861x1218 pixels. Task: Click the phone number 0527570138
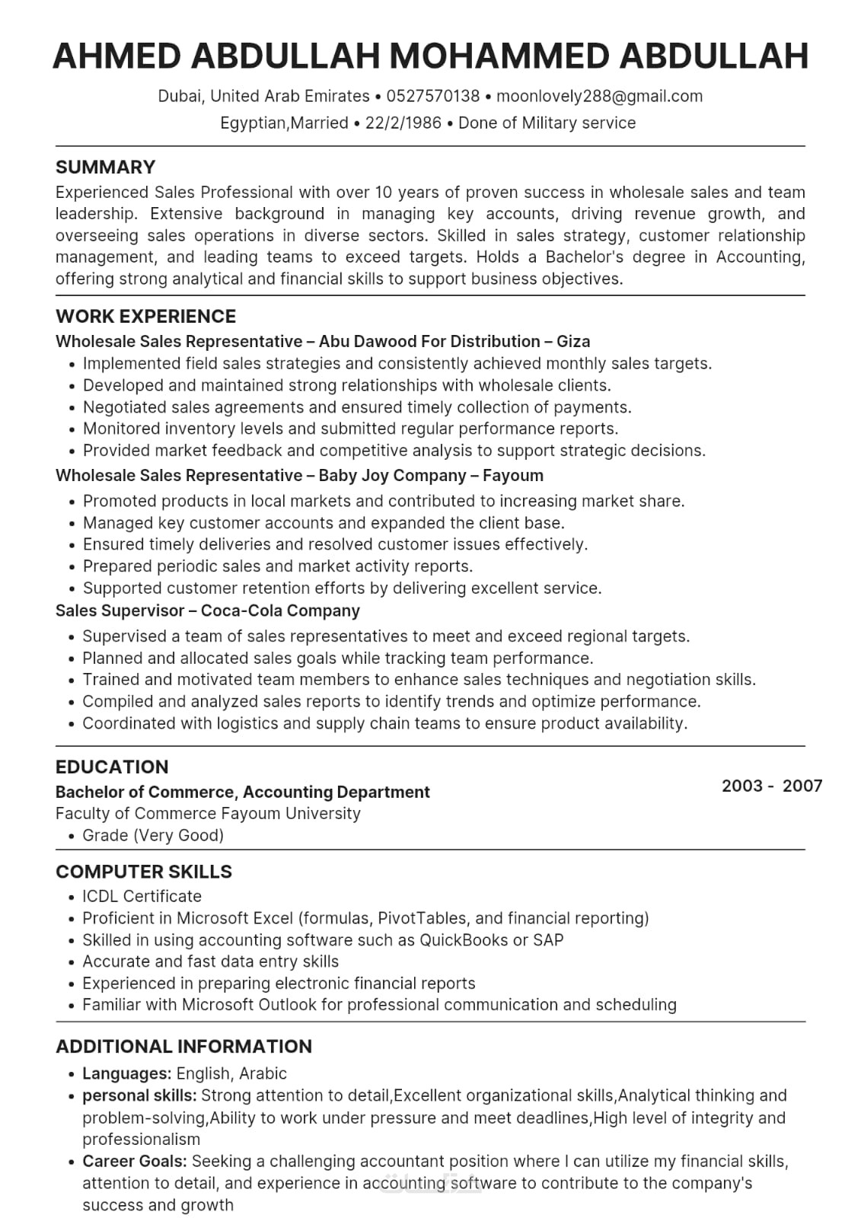[x=433, y=96]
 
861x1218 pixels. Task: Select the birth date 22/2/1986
[x=403, y=123]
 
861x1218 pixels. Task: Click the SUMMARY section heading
[x=105, y=167]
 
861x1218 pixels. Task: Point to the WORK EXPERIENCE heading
[x=145, y=316]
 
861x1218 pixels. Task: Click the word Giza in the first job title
[x=573, y=341]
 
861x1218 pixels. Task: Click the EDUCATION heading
[x=112, y=767]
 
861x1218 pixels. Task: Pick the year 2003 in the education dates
[x=741, y=786]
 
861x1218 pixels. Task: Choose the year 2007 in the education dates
[x=802, y=786]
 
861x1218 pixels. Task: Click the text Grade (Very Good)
[x=153, y=835]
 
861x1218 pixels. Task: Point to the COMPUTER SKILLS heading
[x=144, y=872]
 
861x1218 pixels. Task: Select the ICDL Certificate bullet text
[x=142, y=896]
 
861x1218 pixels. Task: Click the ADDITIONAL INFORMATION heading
[x=183, y=1046]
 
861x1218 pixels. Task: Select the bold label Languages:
[x=126, y=1073]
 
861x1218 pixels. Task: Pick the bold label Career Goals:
[x=135, y=1161]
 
